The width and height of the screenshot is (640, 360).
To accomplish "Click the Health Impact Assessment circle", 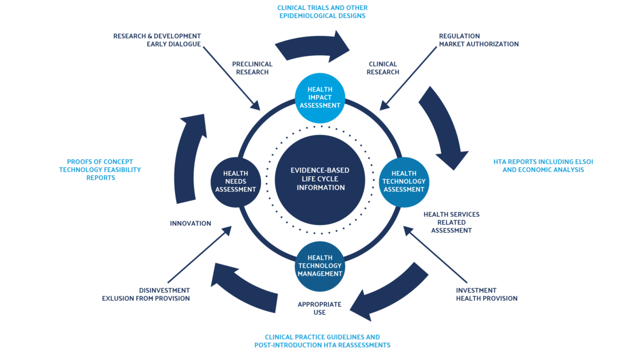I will (x=320, y=97).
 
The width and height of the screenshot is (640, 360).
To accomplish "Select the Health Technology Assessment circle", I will (x=404, y=181).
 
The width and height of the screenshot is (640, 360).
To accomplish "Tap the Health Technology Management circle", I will (x=320, y=266).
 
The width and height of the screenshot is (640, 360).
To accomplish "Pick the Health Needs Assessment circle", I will (x=235, y=181).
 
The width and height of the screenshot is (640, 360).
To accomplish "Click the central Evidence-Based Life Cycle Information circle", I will (x=320, y=179).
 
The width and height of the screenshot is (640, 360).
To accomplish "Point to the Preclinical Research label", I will (x=252, y=68).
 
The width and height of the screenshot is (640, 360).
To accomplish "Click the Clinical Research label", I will (x=382, y=68).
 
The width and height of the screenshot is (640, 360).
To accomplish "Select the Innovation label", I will (x=190, y=223).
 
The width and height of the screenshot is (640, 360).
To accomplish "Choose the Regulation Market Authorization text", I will (x=478, y=40).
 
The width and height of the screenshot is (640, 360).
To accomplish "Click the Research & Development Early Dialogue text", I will (x=157, y=40).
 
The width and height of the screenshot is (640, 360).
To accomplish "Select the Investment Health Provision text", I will (x=486, y=294).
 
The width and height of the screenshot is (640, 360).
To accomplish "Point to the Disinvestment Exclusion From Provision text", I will (x=146, y=294).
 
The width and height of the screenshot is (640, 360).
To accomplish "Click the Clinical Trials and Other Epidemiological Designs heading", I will (x=322, y=12).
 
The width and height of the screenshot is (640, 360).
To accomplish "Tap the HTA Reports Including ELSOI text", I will (x=543, y=166).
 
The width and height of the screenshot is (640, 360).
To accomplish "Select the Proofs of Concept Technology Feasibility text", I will (x=100, y=169).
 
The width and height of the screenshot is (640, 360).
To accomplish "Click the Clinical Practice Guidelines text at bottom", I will (x=322, y=341).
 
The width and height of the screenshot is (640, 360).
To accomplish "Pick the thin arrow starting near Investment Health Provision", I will (x=435, y=255).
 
